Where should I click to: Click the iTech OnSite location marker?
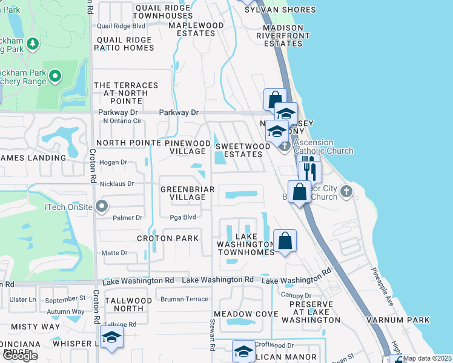(102, 207)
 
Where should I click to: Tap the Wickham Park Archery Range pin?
(55, 76)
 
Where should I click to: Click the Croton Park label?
(168, 238)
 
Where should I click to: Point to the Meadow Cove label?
(246, 314)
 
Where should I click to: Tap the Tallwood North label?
(128, 304)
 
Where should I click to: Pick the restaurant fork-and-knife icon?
(309, 169)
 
